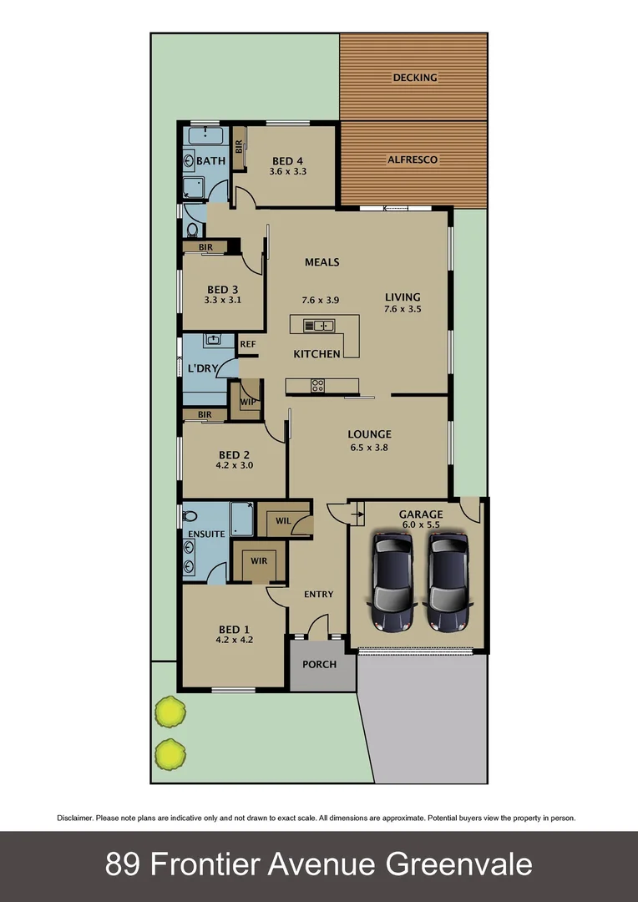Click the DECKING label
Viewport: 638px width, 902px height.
pyautogui.click(x=415, y=78)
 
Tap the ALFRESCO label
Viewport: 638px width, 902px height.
pyautogui.click(x=413, y=160)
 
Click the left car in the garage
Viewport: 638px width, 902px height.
pyautogui.click(x=392, y=582)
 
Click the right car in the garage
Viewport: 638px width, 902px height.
pyautogui.click(x=448, y=582)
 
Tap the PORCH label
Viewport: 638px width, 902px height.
pyautogui.click(x=319, y=665)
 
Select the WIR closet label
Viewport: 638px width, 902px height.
pyautogui.click(x=259, y=561)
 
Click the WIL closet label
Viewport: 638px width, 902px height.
pyautogui.click(x=282, y=521)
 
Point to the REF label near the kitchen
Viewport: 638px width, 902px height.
pyautogui.click(x=247, y=343)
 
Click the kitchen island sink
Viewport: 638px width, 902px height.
pyautogui.click(x=318, y=325)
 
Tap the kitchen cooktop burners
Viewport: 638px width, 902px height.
pyautogui.click(x=317, y=385)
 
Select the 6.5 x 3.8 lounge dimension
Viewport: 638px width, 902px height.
pyautogui.click(x=370, y=448)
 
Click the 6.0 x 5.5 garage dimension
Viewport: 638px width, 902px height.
pyautogui.click(x=420, y=525)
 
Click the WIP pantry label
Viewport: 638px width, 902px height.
pyautogui.click(x=247, y=402)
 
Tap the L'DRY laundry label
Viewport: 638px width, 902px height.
pyautogui.click(x=202, y=368)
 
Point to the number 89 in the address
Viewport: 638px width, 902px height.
pyautogui.click(x=123, y=864)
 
